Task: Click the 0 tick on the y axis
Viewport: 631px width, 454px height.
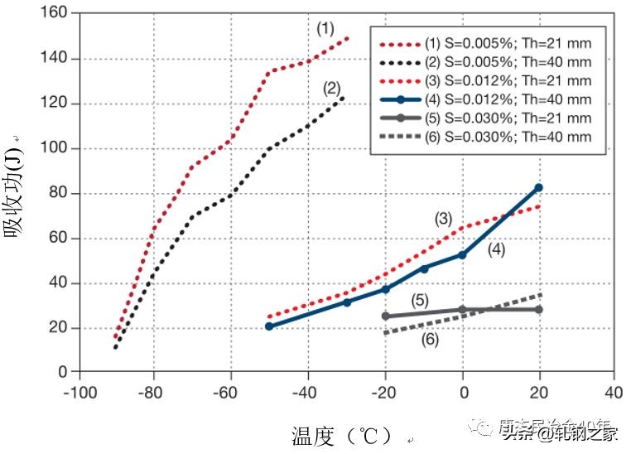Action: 63,373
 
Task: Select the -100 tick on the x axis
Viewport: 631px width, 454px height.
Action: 76,390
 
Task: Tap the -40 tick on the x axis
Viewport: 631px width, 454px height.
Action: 308,390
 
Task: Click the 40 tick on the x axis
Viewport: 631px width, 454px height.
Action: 614,390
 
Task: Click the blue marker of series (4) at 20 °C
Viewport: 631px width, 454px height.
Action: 539,188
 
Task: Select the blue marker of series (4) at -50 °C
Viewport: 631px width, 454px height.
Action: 269,326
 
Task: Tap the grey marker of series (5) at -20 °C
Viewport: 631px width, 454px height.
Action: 386,316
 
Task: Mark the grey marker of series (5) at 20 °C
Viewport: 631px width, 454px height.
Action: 539,309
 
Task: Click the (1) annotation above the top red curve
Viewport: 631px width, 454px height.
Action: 325,28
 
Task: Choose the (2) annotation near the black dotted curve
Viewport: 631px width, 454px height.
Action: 331,87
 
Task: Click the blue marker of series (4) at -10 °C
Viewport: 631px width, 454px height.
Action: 425,268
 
